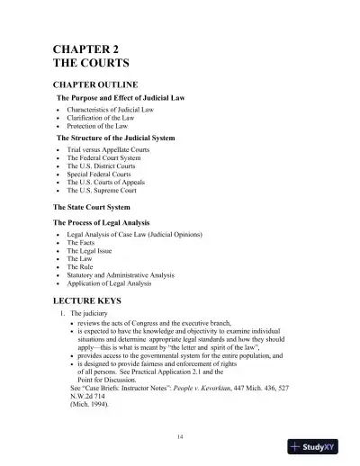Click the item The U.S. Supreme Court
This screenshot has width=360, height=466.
[x=103, y=191]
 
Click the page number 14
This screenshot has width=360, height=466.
[x=181, y=435]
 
